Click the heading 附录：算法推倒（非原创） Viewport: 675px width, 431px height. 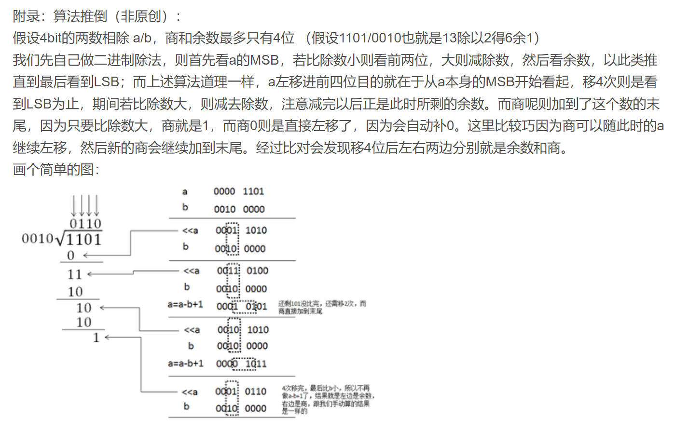click(x=96, y=16)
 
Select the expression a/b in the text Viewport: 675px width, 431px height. click(x=142, y=38)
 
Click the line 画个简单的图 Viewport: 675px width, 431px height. click(x=56, y=170)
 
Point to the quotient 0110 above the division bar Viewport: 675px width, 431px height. click(x=85, y=224)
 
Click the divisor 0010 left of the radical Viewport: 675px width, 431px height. click(x=38, y=239)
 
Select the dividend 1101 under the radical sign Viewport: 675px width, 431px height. click(x=84, y=240)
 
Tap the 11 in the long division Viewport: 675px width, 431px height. click(x=75, y=274)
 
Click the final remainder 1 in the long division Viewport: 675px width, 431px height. click(x=96, y=337)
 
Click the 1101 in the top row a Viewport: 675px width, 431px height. click(x=253, y=192)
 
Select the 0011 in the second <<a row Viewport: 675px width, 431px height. click(x=228, y=270)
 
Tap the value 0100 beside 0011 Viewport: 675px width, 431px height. click(x=257, y=270)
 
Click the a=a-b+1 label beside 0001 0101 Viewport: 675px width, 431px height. click(x=185, y=305)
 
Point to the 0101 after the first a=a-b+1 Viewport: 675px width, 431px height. click(x=256, y=307)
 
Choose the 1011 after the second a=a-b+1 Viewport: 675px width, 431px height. click(x=256, y=364)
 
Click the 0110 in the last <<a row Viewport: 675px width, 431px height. click(x=255, y=391)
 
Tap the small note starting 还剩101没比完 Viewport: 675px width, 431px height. click(x=322, y=307)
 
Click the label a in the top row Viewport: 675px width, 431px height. click(x=185, y=192)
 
